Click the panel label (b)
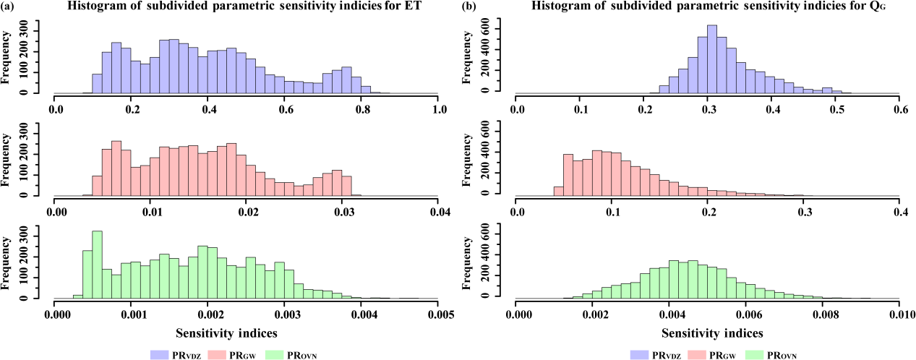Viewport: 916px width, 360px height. [x=466, y=6]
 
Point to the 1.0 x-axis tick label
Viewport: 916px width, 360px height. [x=439, y=109]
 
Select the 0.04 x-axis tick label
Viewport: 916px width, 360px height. [x=439, y=212]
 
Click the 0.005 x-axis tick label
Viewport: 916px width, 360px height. [x=439, y=314]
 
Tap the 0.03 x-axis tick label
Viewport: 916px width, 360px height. [x=343, y=212]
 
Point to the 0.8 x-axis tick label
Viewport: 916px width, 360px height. [x=362, y=109]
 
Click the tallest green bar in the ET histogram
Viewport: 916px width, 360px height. [x=97, y=264]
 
